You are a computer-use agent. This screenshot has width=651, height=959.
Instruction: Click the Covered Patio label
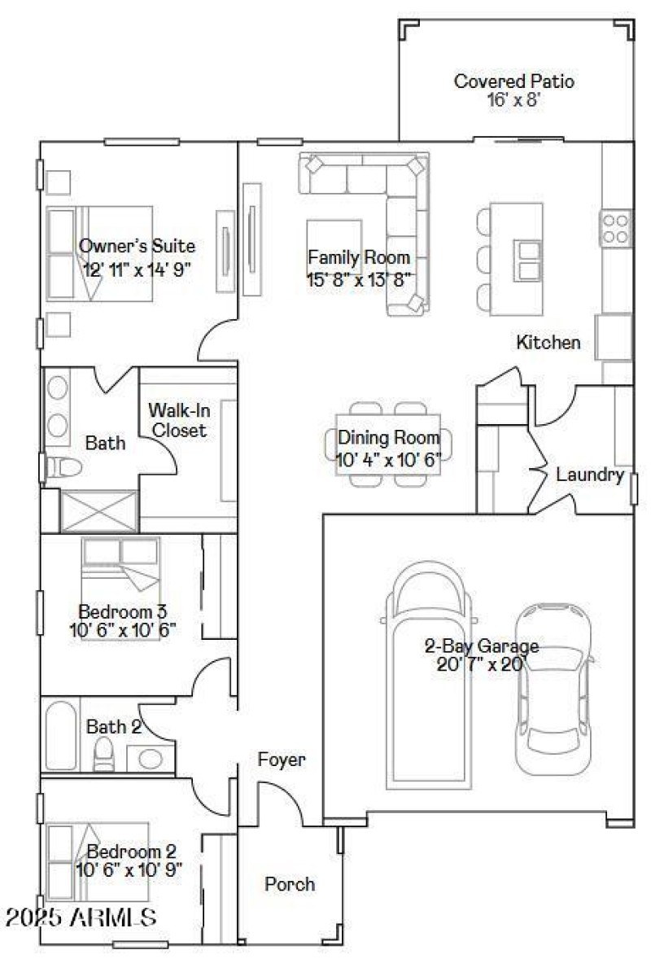[x=513, y=81]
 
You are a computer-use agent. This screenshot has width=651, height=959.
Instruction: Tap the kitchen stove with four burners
[x=616, y=228]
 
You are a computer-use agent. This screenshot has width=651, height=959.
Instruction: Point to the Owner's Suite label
[x=137, y=246]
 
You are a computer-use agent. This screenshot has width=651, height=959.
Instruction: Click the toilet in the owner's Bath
[x=64, y=467]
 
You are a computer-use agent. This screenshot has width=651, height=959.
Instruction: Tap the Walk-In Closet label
[x=177, y=420]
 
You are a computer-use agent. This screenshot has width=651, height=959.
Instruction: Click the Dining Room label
[x=389, y=438]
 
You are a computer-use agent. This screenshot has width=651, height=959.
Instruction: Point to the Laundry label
[x=590, y=475]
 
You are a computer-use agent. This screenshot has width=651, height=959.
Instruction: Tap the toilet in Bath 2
[x=103, y=755]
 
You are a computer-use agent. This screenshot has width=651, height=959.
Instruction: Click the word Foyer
[x=282, y=760]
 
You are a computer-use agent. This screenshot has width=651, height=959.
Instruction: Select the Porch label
[x=290, y=884]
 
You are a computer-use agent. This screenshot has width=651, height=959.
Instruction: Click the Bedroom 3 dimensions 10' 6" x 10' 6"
[x=123, y=629]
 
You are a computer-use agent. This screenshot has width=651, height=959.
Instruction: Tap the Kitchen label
[x=548, y=343]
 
